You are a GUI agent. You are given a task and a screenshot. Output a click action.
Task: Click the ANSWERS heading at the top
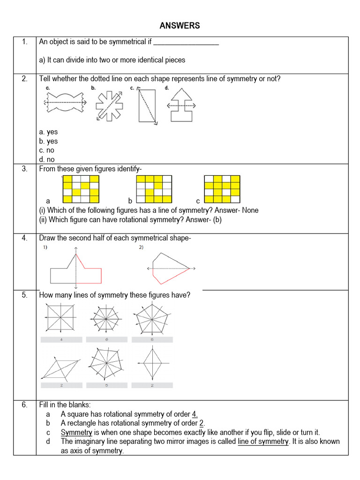180,26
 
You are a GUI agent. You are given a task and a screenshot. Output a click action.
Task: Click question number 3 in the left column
24,169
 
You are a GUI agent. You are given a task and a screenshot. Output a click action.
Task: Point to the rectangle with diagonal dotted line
147,105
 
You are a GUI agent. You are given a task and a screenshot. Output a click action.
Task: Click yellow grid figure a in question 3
81,186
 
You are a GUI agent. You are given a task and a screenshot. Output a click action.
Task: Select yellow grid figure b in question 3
154,186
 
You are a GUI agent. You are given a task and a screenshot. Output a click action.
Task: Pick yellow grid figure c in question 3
222,186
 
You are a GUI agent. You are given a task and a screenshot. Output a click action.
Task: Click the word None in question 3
250,210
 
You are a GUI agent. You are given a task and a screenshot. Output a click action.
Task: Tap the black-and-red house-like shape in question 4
76,270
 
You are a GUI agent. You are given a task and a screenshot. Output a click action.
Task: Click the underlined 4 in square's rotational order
195,414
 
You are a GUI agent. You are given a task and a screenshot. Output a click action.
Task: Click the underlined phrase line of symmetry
263,442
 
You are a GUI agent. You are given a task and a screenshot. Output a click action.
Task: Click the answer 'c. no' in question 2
47,150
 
